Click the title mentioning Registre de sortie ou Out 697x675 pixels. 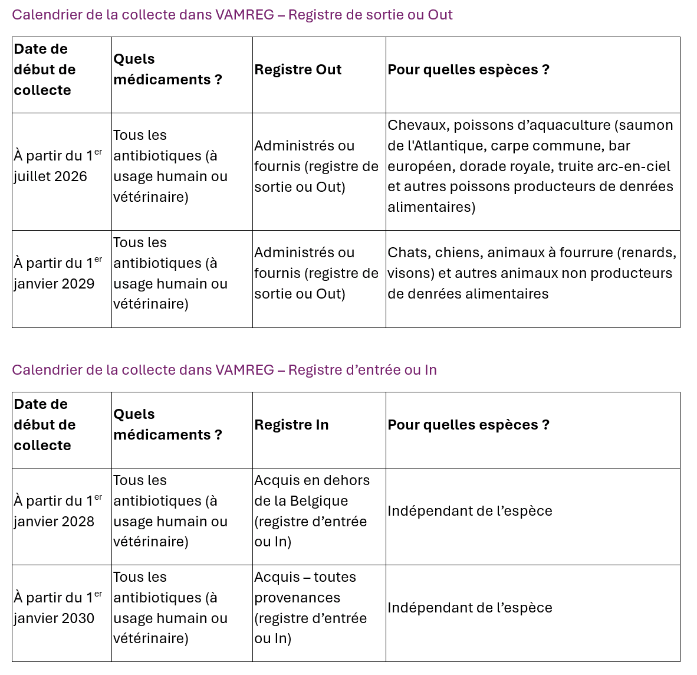point(232,15)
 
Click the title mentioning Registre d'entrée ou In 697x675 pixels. point(224,370)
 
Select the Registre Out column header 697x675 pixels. point(298,70)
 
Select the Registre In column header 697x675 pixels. point(291,425)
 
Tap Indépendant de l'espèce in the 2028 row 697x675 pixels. point(470,511)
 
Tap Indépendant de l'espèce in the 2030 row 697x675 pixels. point(470,608)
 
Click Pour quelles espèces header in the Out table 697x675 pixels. point(468,70)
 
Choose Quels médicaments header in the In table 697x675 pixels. point(167,425)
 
